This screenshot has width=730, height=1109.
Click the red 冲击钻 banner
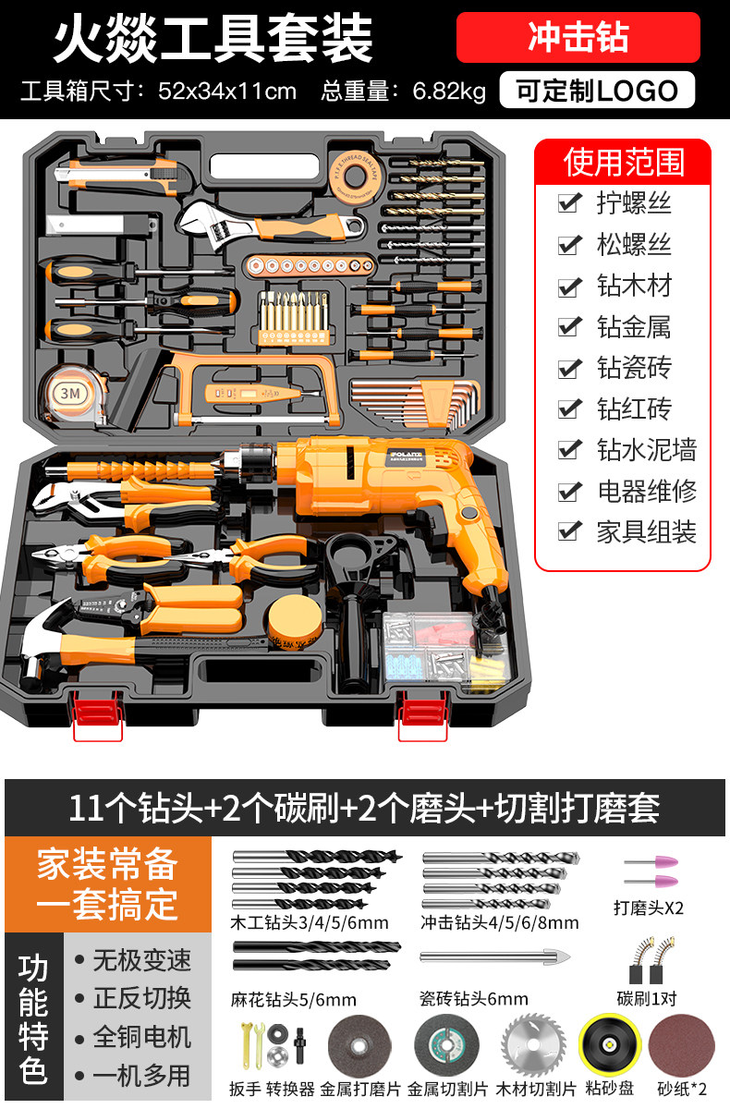point(578,37)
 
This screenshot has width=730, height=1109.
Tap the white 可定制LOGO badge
point(597,91)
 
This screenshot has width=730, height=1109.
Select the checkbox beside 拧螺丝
point(569,202)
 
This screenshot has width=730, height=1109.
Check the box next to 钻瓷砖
point(569,368)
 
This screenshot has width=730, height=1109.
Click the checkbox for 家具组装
point(569,531)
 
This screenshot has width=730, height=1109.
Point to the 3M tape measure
point(73,395)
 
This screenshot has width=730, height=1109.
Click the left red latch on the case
point(98,712)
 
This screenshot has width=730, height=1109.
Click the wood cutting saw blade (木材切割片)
point(533,1044)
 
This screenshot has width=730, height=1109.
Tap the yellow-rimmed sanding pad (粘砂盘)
point(609,1044)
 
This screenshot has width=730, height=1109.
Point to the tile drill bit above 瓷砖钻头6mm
point(495,956)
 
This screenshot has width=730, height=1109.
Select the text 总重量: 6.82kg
point(403,91)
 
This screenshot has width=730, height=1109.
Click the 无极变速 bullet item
point(133,960)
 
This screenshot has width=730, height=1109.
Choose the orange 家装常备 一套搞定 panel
point(108,884)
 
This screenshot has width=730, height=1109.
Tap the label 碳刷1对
point(646,999)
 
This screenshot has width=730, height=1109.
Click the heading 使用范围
point(624,163)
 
